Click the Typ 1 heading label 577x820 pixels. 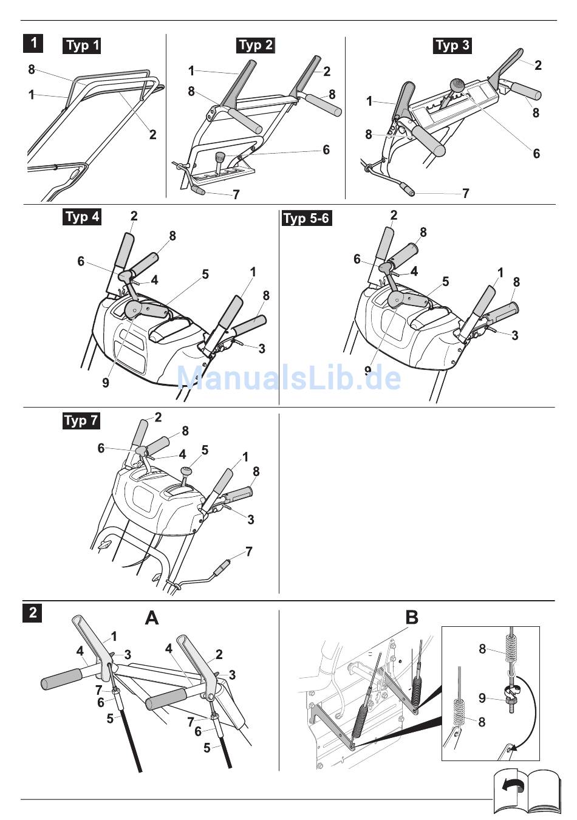click(x=82, y=46)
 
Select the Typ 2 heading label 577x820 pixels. click(x=256, y=45)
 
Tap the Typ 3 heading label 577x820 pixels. click(x=452, y=46)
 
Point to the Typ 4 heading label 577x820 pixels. click(x=83, y=217)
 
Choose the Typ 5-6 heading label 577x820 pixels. click(x=307, y=218)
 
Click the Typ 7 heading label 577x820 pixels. click(x=81, y=420)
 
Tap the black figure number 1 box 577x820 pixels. click(x=33, y=43)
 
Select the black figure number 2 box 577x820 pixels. click(x=33, y=612)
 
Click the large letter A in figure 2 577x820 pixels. click(x=152, y=618)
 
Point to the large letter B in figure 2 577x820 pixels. click(x=412, y=618)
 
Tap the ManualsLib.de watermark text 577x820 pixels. click(x=288, y=378)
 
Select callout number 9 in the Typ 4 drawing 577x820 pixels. click(x=106, y=383)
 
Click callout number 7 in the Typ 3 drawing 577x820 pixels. click(x=465, y=193)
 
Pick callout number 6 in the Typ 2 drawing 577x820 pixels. click(x=326, y=149)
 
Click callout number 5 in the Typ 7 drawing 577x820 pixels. click(x=205, y=450)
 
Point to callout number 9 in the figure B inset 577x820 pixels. click(x=482, y=699)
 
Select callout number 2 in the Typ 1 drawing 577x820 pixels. click(x=152, y=134)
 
